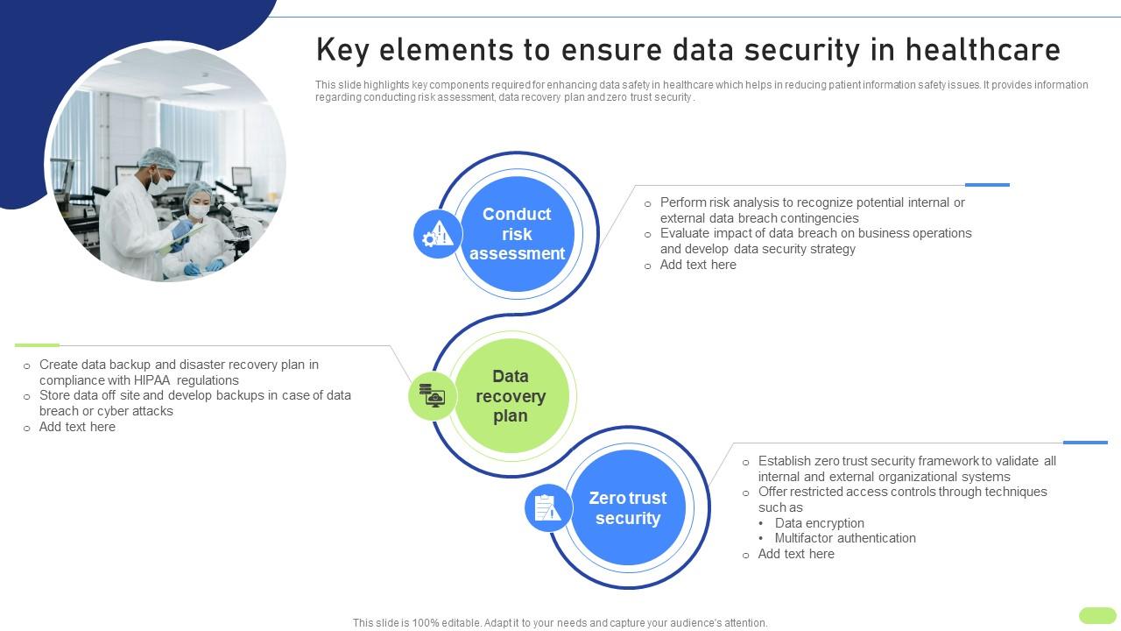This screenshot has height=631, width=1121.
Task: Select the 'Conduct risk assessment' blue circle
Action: [x=517, y=234]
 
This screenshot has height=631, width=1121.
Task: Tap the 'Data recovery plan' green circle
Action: [x=511, y=396]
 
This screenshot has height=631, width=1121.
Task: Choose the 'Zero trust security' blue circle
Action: [x=628, y=508]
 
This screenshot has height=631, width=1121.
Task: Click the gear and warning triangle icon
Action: [x=437, y=234]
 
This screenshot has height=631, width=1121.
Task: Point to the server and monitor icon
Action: [x=433, y=396]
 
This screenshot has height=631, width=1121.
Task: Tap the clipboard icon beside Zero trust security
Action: [x=548, y=508]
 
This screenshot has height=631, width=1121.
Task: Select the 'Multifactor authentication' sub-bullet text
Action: [x=845, y=538]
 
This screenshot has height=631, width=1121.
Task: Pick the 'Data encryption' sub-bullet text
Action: [x=820, y=523]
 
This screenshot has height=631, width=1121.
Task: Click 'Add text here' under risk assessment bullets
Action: [x=698, y=265]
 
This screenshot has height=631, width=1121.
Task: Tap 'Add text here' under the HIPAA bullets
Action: [x=77, y=427]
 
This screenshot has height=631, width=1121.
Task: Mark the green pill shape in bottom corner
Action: [x=1097, y=616]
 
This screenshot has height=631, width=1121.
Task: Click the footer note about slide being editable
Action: [x=560, y=623]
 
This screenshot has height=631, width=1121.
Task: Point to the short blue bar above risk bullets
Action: [x=987, y=185]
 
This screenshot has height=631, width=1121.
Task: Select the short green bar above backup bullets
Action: [x=37, y=345]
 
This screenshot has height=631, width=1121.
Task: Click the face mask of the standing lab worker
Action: [x=158, y=184]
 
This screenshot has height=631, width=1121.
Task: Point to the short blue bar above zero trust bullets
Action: [x=1085, y=443]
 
